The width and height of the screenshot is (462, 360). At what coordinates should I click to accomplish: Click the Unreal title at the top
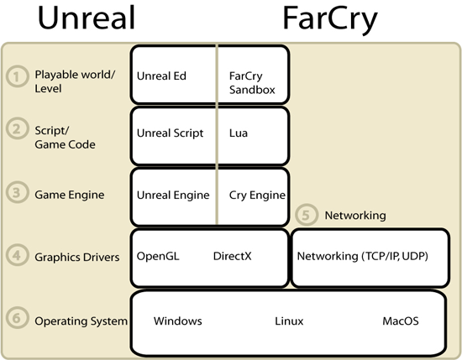[x=87, y=18]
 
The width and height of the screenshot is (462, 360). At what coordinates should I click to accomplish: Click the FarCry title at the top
[x=330, y=19]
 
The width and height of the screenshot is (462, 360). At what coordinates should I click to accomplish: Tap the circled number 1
[x=18, y=76]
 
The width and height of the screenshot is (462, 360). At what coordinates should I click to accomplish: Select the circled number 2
[x=18, y=128]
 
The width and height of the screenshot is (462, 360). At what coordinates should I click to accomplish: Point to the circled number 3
[x=18, y=192]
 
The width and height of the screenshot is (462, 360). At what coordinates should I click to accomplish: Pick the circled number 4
[x=18, y=254]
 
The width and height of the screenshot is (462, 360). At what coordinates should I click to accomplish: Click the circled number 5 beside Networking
[x=307, y=215]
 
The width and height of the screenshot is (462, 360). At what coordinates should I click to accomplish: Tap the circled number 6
[x=18, y=317]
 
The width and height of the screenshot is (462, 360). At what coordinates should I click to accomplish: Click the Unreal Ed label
[x=161, y=76]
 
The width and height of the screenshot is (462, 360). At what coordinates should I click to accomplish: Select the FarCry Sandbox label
[x=252, y=83]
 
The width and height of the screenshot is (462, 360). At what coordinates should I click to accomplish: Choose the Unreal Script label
[x=170, y=133]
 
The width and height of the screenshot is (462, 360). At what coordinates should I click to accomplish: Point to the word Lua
[x=239, y=133]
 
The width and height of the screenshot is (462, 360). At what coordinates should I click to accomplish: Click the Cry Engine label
[x=257, y=196]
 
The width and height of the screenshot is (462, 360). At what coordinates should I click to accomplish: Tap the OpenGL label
[x=158, y=256]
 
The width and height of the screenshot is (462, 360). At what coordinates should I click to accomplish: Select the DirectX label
[x=233, y=256]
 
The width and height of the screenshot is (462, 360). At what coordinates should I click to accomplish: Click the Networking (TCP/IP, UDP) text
[x=362, y=257]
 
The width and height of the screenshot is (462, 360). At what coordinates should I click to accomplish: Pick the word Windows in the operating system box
[x=178, y=321]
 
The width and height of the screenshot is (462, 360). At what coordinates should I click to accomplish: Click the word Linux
[x=289, y=321]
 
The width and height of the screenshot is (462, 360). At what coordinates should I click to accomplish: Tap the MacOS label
[x=401, y=321]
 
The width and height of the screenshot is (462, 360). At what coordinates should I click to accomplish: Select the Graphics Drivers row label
[x=77, y=258]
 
